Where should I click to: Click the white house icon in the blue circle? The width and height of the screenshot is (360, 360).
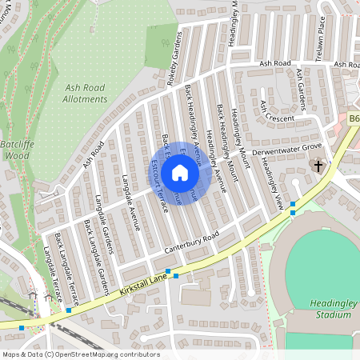(180, 173)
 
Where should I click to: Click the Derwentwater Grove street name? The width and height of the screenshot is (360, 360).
(286, 148)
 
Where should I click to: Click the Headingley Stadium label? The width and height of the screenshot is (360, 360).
(330, 309)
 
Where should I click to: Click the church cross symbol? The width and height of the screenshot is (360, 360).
(318, 166)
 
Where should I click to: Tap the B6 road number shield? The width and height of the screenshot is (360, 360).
(354, 118)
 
